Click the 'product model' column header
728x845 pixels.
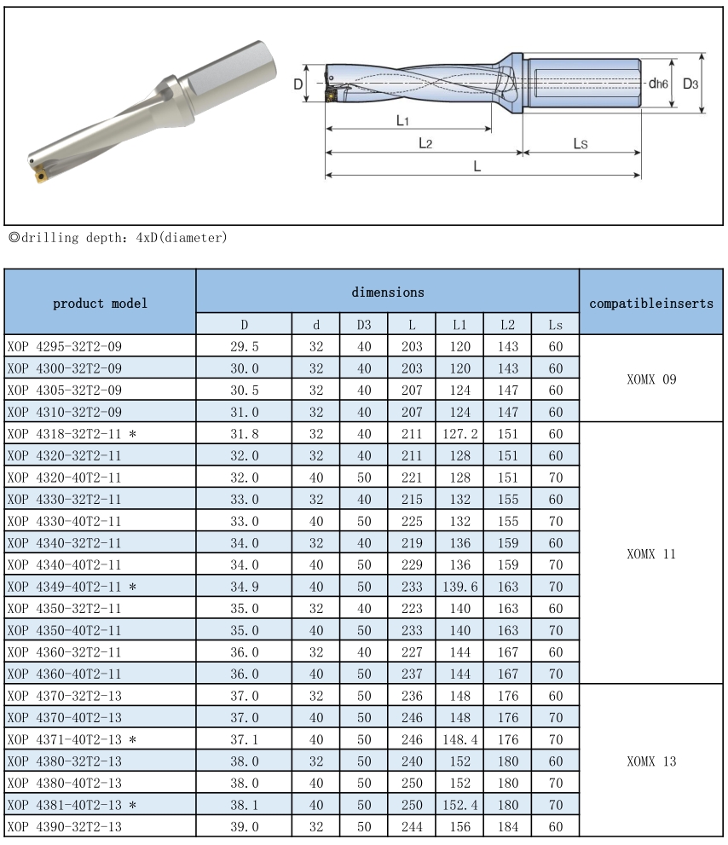pyautogui.click(x=100, y=303)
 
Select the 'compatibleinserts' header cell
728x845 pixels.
pyautogui.click(x=651, y=303)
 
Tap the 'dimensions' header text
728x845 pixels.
pyautogui.click(x=388, y=292)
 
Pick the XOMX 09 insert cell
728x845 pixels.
pyautogui.click(x=651, y=379)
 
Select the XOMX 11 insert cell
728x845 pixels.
pyautogui.click(x=651, y=553)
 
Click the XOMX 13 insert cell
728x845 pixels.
pyautogui.click(x=651, y=761)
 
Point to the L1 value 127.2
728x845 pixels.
pyautogui.click(x=460, y=434)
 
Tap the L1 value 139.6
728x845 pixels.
pyautogui.click(x=460, y=587)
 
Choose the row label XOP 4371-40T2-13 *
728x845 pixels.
pyautogui.click(x=72, y=738)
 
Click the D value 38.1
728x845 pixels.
pyautogui.click(x=244, y=804)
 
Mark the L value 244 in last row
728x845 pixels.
pyautogui.click(x=412, y=826)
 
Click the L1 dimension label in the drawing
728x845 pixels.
pyautogui.click(x=404, y=120)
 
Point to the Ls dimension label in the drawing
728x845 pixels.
pyautogui.click(x=580, y=144)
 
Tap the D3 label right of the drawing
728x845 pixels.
pyautogui.click(x=690, y=84)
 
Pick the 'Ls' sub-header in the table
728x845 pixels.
pyautogui.click(x=556, y=325)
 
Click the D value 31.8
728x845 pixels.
pyautogui.click(x=244, y=434)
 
